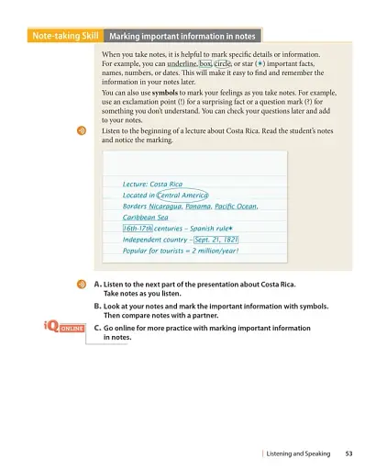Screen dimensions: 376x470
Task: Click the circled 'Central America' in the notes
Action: coord(183,195)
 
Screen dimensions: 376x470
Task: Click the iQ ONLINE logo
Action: coord(63,328)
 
